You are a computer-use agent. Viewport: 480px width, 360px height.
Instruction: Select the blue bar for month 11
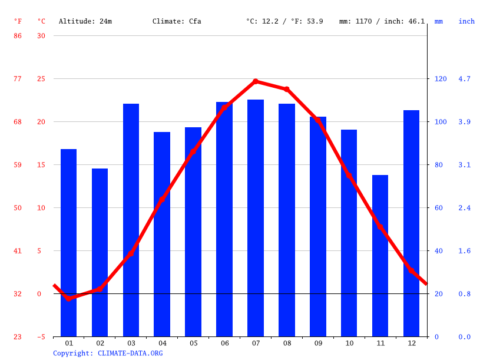380,256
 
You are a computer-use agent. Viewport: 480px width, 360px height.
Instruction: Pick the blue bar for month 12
411,223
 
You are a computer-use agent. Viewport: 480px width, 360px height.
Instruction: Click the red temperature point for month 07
256,81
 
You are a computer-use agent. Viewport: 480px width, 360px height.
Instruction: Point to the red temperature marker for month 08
287,90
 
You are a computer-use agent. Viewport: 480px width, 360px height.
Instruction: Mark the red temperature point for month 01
68,299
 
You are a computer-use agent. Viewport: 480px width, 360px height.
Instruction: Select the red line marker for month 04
162,200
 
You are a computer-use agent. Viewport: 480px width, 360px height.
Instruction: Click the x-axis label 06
224,343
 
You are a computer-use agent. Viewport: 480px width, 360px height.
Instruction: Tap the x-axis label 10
349,343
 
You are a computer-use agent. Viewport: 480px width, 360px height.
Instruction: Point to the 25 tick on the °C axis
41,79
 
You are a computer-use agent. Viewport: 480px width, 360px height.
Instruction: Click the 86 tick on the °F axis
18,36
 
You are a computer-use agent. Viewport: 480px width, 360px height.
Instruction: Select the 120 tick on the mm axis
441,79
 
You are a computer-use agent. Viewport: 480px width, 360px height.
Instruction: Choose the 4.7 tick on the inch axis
465,79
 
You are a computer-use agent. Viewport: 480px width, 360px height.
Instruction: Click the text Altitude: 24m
85,21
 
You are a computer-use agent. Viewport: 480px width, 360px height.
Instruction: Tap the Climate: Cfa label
177,21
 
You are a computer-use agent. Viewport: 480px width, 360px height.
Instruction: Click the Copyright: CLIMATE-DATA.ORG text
108,354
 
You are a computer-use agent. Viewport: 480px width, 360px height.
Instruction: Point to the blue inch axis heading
466,21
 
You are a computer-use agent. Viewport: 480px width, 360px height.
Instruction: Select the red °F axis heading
18,21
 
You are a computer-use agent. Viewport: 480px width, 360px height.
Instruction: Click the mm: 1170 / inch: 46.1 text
382,21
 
